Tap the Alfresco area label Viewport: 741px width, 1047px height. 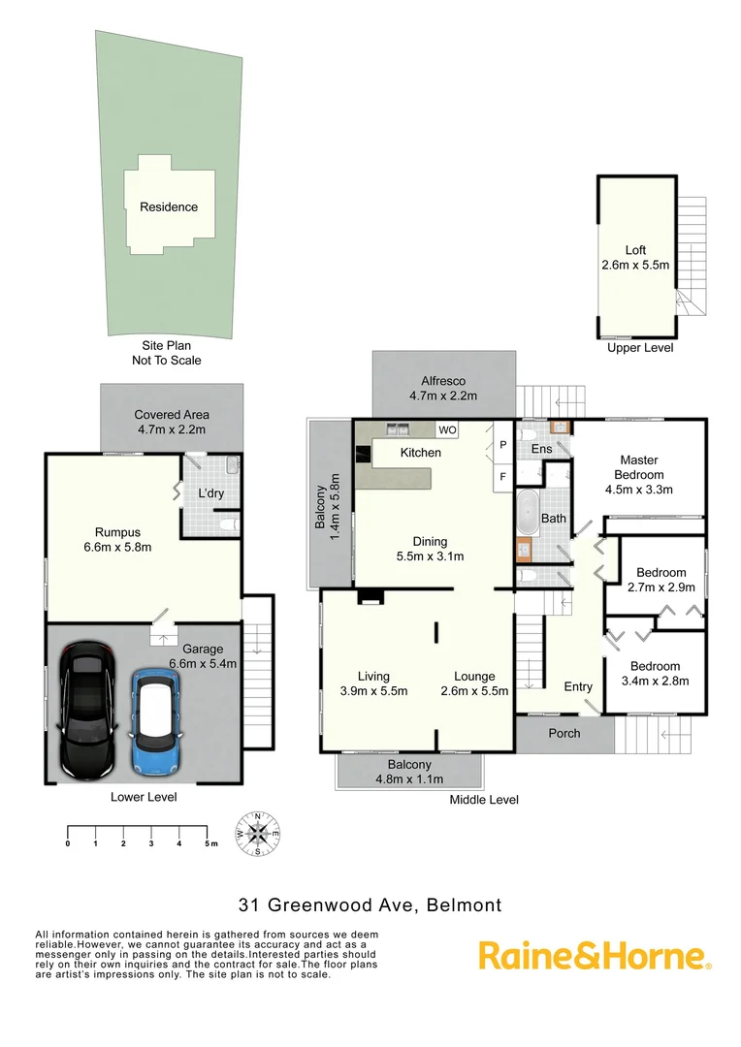click(x=444, y=388)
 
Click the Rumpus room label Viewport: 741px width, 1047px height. click(x=117, y=539)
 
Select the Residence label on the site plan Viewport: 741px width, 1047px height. click(x=169, y=206)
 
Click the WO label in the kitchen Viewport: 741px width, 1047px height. click(x=447, y=429)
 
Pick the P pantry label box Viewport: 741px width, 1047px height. click(x=503, y=445)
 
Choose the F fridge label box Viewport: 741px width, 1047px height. click(x=503, y=476)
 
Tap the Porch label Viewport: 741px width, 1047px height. click(x=564, y=733)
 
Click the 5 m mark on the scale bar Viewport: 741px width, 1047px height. click(x=209, y=844)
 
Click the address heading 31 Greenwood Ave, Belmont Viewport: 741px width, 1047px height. click(x=370, y=905)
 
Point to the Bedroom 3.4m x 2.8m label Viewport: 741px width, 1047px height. click(x=655, y=673)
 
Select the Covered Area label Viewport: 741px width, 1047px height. click(x=172, y=422)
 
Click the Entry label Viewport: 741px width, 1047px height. click(x=578, y=686)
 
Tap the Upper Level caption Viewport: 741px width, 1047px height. click(x=639, y=348)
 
